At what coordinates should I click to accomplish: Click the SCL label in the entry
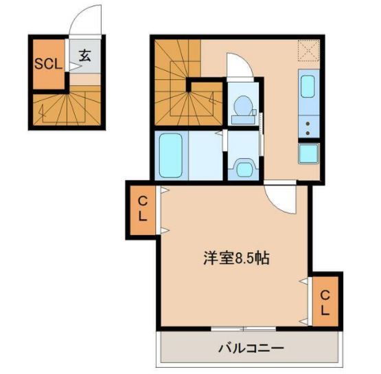tap(49, 65)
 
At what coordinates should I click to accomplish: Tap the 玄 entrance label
tap(84, 57)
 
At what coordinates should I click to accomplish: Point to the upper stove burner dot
tap(308, 124)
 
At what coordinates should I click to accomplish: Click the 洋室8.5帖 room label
tap(235, 259)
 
